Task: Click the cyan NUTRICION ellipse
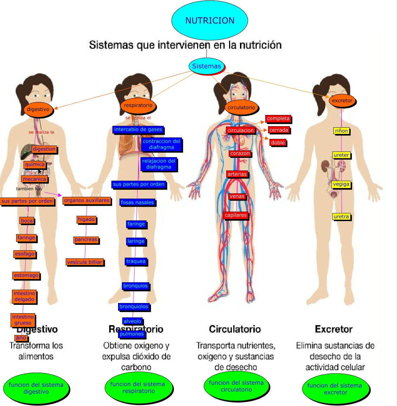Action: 210,20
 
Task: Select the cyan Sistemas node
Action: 207,66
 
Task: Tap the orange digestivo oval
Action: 38,109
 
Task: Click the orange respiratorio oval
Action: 138,105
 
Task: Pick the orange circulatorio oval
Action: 241,108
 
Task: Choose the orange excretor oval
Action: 342,101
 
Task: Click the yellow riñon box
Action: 341,131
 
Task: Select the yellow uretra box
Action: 341,217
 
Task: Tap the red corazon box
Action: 240,154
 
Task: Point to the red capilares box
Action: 236,215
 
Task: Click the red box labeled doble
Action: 278,142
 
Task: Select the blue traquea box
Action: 136,261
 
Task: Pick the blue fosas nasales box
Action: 137,202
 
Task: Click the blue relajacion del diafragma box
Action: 158,164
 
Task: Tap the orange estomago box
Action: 26,275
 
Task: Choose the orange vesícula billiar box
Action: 84,262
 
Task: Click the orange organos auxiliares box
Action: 87,200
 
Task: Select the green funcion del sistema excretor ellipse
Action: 336,389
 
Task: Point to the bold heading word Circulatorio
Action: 235,329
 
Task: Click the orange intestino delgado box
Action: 24,296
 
